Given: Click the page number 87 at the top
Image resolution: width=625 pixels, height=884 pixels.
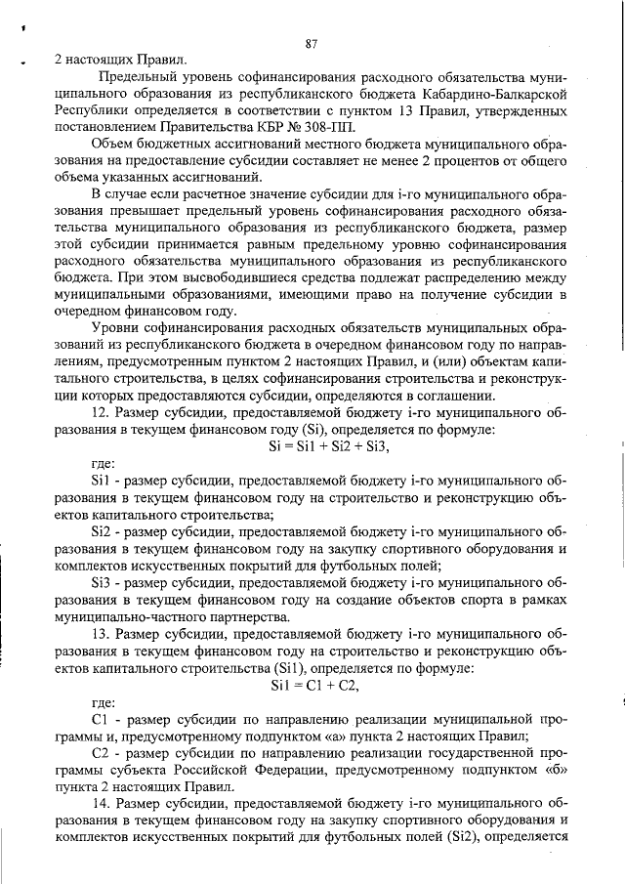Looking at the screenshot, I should tap(312, 43).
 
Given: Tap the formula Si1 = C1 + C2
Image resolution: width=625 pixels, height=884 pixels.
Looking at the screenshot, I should tap(313, 685).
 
